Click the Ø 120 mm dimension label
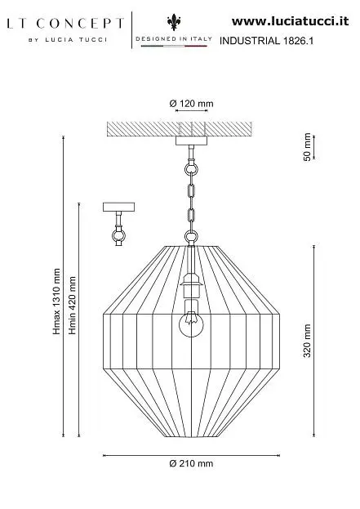coord(191,104)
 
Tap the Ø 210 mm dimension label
coord(191,463)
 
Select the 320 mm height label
coord(307,341)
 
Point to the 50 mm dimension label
coord(307,147)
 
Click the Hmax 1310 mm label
coord(57,301)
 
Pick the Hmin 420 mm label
coord(72,305)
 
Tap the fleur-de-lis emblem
coord(174,22)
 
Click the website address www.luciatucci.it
coord(291,21)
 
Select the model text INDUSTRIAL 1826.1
coord(267,41)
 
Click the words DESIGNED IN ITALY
coord(174,38)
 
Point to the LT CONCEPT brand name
coord(65,24)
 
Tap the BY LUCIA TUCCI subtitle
coord(68,40)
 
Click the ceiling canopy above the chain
coord(191,141)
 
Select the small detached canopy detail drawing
coord(118,224)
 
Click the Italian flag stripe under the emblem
coord(174,46)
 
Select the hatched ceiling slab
coord(180,129)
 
